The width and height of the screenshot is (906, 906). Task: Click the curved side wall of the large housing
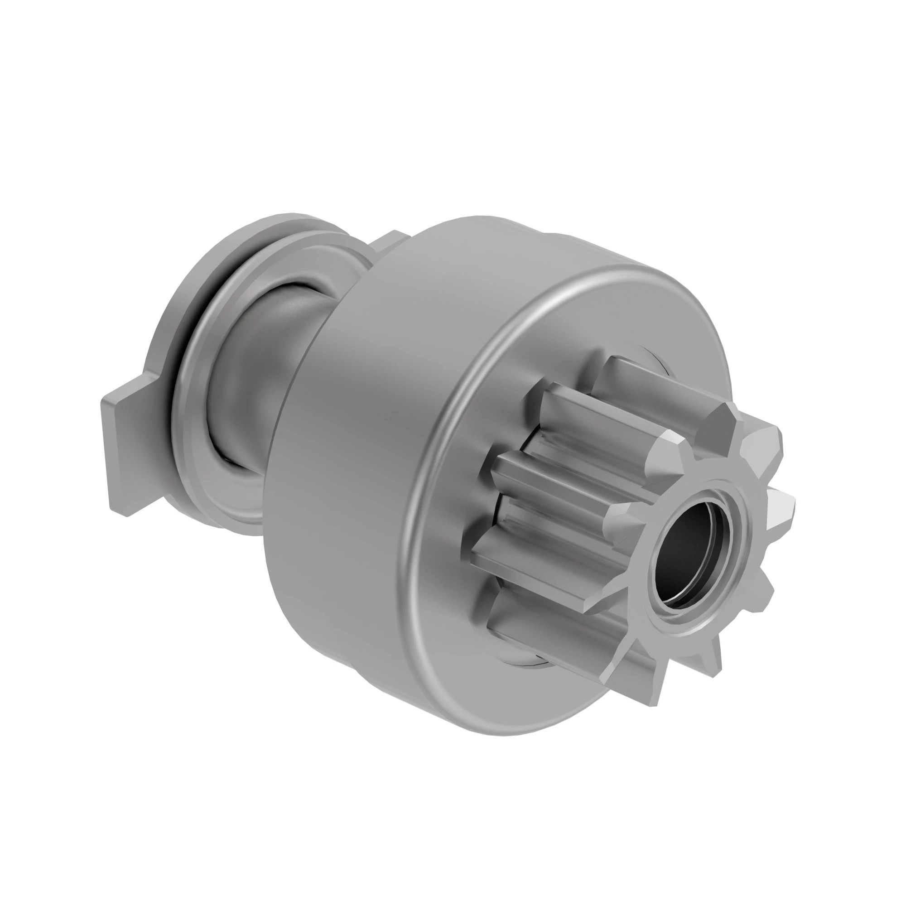pyautogui.click(x=366, y=422)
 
